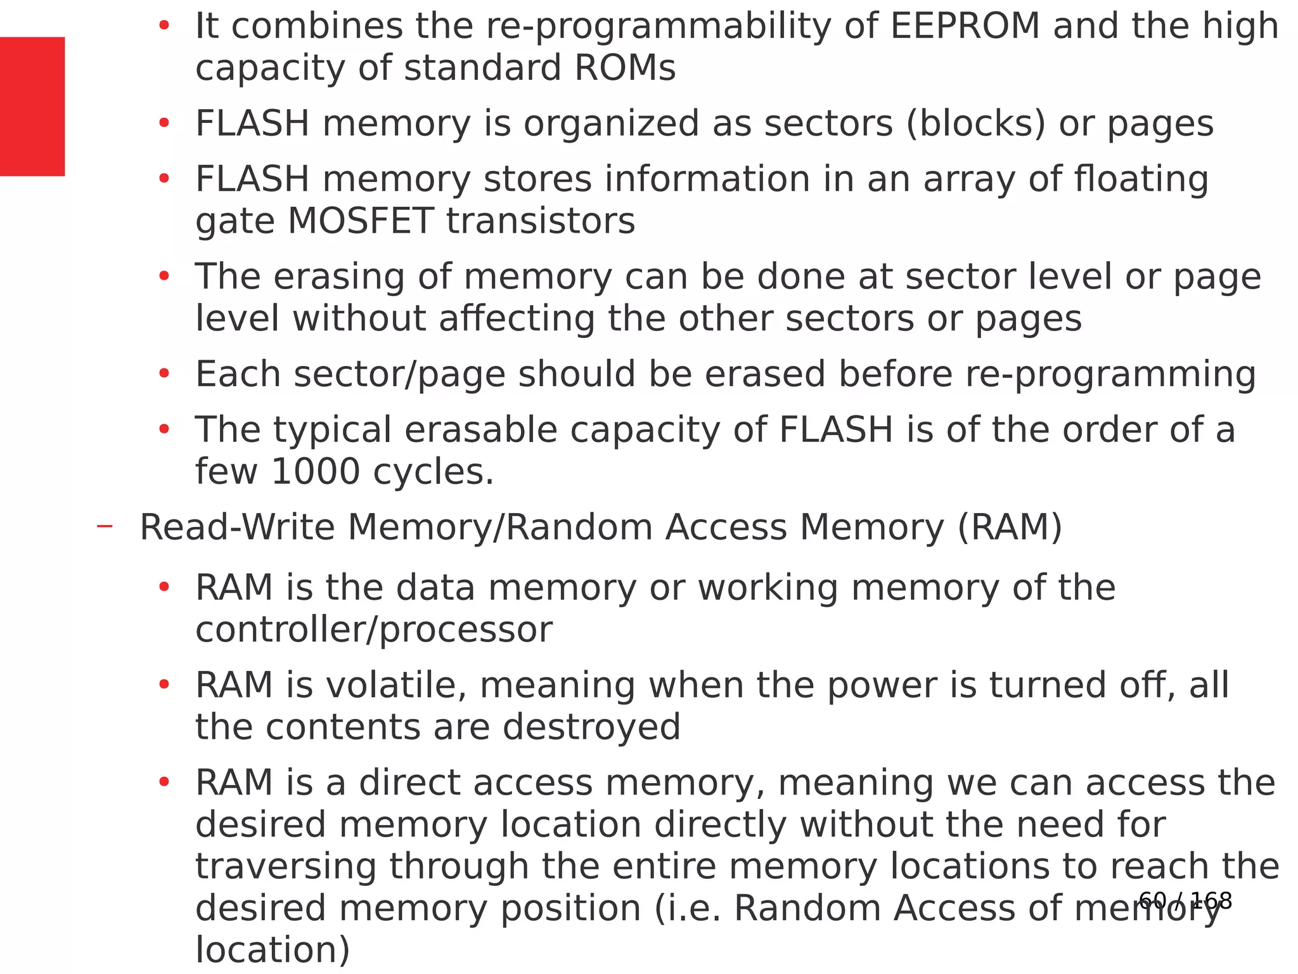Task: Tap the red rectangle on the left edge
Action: pyautogui.click(x=32, y=106)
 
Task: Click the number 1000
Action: pyautogui.click(x=315, y=472)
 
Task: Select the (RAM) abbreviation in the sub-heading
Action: pyautogui.click(x=1009, y=528)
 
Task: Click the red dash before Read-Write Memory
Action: pyautogui.click(x=105, y=526)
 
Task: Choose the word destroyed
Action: pyautogui.click(x=591, y=727)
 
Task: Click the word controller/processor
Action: pyautogui.click(x=373, y=630)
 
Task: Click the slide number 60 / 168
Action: pyautogui.click(x=1185, y=900)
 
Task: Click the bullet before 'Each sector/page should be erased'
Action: pyautogui.click(x=164, y=373)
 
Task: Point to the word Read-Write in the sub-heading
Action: pyautogui.click(x=237, y=528)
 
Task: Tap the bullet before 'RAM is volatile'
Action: pyautogui.click(x=164, y=684)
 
